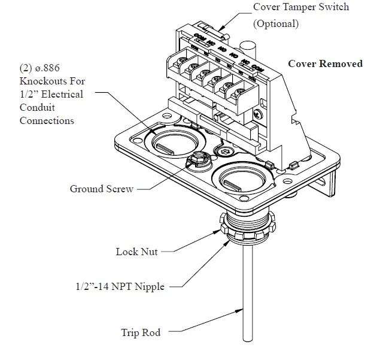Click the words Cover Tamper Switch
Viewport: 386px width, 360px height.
click(x=300, y=7)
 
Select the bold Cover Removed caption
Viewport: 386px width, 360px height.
click(x=325, y=63)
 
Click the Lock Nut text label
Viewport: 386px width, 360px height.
click(x=136, y=252)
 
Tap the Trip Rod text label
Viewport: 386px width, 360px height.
click(x=141, y=332)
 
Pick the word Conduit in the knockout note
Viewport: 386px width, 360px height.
click(x=38, y=107)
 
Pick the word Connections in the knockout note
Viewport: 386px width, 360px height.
click(x=47, y=120)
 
